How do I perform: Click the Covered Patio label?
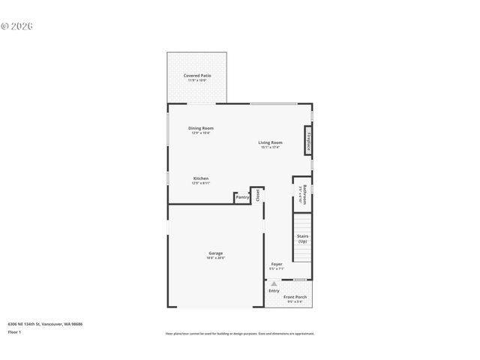[196, 76]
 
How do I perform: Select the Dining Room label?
[200, 128]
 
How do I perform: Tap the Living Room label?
[270, 142]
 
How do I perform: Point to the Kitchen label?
[200, 178]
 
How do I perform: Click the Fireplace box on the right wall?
[307, 140]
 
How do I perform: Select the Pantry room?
[242, 197]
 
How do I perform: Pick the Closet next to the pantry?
[257, 195]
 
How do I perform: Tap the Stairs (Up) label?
[302, 238]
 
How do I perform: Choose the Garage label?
[215, 253]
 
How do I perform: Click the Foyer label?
[276, 265]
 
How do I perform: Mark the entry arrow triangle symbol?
[274, 284]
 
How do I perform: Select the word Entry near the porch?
[274, 290]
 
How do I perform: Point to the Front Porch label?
[295, 297]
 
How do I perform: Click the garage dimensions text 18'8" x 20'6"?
[215, 258]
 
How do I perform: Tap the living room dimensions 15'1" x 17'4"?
[270, 147]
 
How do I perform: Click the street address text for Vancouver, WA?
[45, 323]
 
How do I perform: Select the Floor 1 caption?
[15, 331]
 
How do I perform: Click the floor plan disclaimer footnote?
[239, 333]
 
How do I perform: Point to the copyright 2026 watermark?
[17, 25]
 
